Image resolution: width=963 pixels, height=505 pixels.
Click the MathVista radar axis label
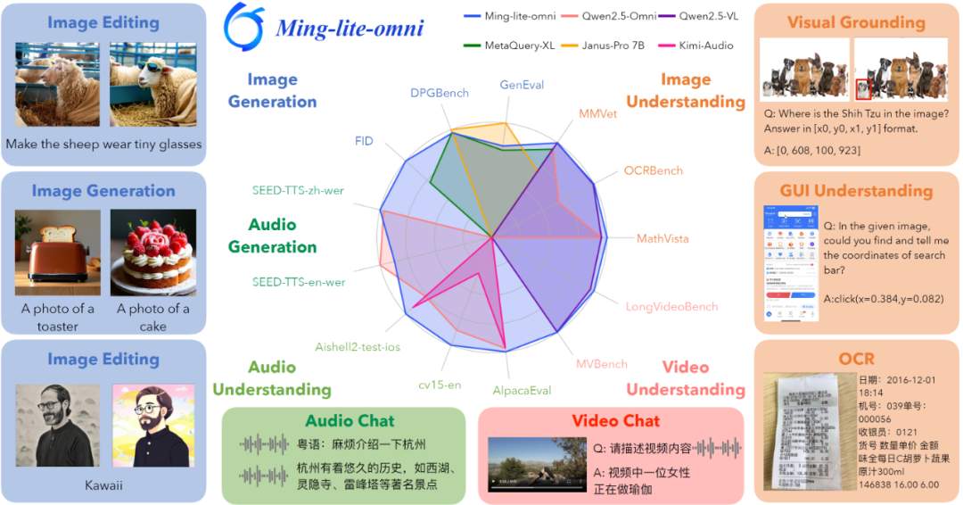point(663,239)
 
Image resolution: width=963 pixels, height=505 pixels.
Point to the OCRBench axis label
point(653,170)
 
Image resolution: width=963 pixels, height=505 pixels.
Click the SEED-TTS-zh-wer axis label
point(298,190)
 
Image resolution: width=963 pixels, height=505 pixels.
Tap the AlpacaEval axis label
point(522,391)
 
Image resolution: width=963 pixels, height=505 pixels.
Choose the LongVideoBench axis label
point(671,307)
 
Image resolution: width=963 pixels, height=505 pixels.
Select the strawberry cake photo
point(153,252)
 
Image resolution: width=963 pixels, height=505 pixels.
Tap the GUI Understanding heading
point(856,191)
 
